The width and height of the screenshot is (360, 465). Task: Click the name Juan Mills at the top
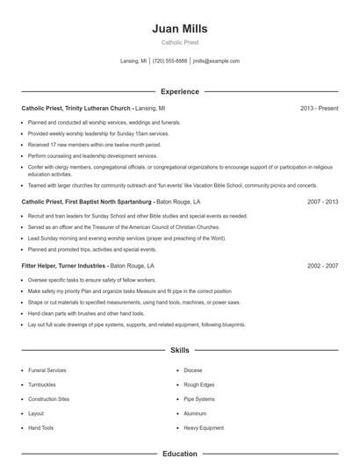tap(179, 29)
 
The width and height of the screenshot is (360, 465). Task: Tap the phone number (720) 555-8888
tap(169, 61)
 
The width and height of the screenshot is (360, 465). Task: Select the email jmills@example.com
tap(216, 61)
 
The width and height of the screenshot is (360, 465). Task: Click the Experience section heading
tap(179, 91)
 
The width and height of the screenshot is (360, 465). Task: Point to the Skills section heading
tap(179, 350)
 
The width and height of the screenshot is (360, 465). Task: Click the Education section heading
tap(179, 454)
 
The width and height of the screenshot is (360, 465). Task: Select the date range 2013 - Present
tap(319, 108)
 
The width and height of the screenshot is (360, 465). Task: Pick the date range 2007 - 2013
tap(322, 201)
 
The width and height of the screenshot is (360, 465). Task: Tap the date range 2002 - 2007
tap(322, 265)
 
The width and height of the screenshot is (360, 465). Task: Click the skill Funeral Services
tap(48, 371)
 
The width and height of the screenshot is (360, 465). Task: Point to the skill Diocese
tap(193, 371)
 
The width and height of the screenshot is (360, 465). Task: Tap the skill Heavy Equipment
tap(203, 427)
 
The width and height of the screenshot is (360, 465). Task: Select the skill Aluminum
tap(195, 413)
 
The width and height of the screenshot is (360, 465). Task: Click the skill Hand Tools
tap(41, 427)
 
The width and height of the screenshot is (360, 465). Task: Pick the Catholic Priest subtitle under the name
tap(179, 42)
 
